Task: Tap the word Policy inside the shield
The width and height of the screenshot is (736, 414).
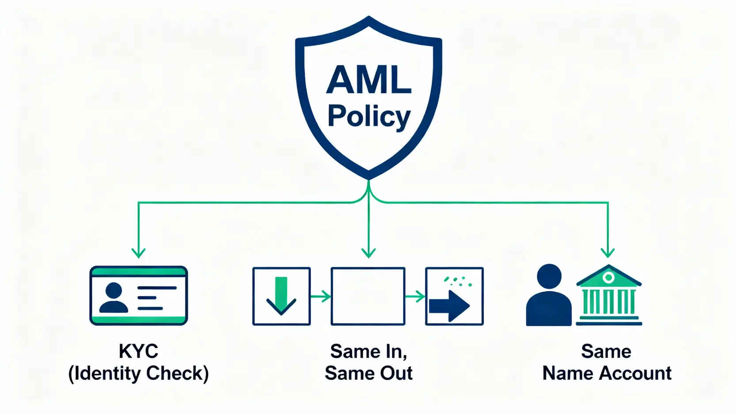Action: coord(369,116)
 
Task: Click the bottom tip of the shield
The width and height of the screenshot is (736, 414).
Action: coord(368,178)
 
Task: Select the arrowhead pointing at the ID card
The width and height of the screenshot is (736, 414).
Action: coord(139,253)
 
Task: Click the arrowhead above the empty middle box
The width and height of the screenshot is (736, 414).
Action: coord(368,253)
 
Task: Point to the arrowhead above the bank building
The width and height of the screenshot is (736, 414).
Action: coord(608,253)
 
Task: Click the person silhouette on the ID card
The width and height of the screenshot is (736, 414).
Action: coord(114,298)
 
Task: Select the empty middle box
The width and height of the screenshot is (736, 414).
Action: coord(368,296)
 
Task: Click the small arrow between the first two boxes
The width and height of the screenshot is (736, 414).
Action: coord(321,296)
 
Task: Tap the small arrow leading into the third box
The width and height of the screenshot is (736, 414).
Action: coord(415,296)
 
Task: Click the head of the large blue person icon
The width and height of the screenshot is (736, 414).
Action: coord(549,276)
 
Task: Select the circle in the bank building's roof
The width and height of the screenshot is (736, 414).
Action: coord(608,277)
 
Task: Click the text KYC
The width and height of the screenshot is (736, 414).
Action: coord(138,351)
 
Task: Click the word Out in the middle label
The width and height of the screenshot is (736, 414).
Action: coord(396,373)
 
